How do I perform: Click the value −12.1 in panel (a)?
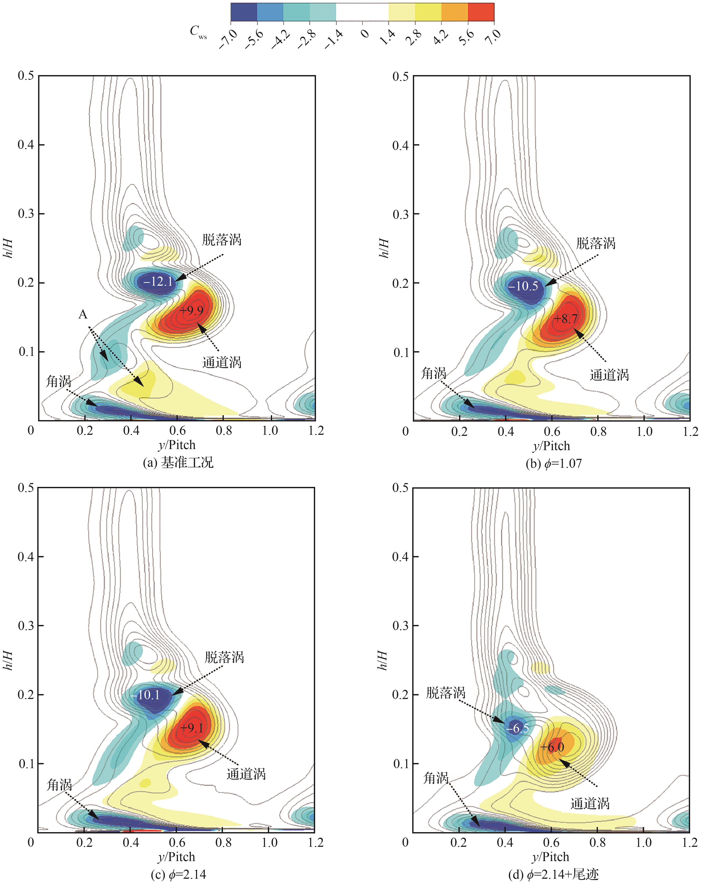(x=158, y=282)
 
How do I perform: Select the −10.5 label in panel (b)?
(x=523, y=286)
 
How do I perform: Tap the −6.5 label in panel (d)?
(x=518, y=728)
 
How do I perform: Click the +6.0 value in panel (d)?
(x=552, y=747)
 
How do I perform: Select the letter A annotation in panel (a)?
(x=83, y=315)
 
